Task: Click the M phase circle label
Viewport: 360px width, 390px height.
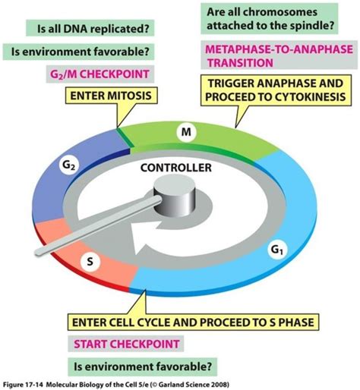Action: [x=184, y=132]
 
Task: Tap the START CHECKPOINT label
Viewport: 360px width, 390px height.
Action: [x=126, y=343]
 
